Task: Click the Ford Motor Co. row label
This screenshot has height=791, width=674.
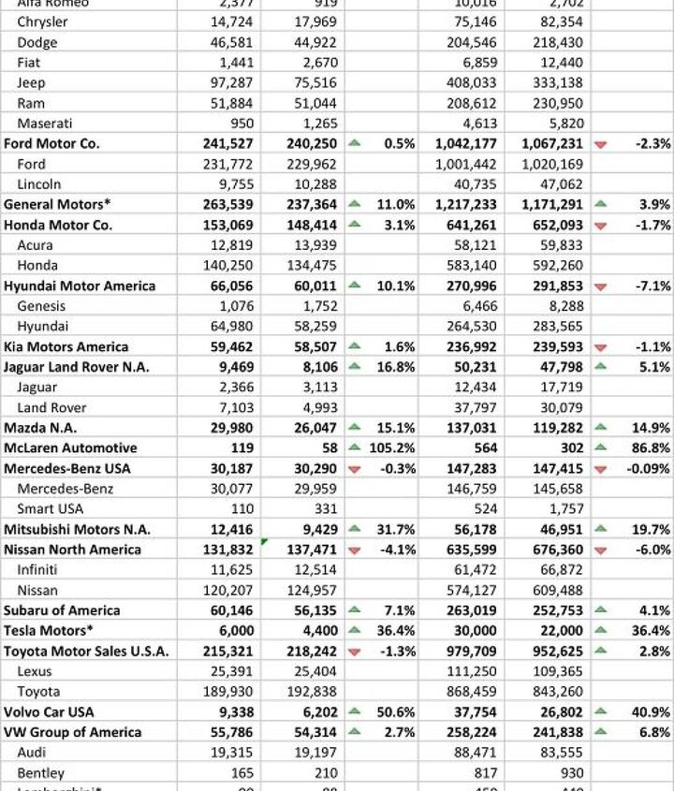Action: [x=51, y=143]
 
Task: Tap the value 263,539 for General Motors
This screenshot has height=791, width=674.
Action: [x=224, y=204]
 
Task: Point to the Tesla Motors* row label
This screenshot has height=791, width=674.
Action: [x=45, y=630]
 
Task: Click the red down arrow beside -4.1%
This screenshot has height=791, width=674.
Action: [x=355, y=549]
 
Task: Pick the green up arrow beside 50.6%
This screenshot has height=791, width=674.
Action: [x=355, y=711]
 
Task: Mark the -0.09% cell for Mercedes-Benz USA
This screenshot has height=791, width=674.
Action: [x=645, y=468]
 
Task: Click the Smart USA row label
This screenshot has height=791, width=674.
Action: [x=50, y=508]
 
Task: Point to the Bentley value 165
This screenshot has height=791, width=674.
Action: [x=242, y=773]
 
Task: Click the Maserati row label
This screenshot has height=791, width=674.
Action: [x=45, y=123]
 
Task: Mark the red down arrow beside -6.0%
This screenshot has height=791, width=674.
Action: [x=600, y=549]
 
